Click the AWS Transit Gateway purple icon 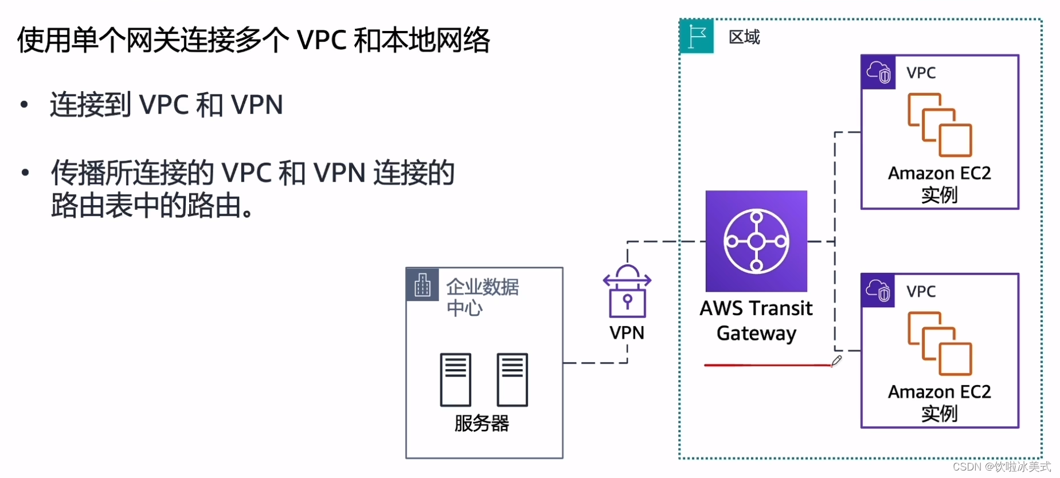point(756,241)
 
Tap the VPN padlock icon point(627,292)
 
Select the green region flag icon point(697,37)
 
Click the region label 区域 point(744,37)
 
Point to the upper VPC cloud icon point(878,72)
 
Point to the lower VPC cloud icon point(878,291)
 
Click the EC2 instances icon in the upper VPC point(940,125)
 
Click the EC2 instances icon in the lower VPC point(940,343)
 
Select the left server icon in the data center point(455,379)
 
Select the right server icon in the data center point(512,379)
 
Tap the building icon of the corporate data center point(423,284)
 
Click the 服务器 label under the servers point(482,424)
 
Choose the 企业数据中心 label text point(482,297)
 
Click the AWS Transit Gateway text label point(756,320)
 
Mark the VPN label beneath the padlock point(627,332)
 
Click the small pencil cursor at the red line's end point(836,361)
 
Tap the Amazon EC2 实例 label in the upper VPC point(940,184)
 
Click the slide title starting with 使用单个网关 point(253,40)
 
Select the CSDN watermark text point(1002,467)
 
